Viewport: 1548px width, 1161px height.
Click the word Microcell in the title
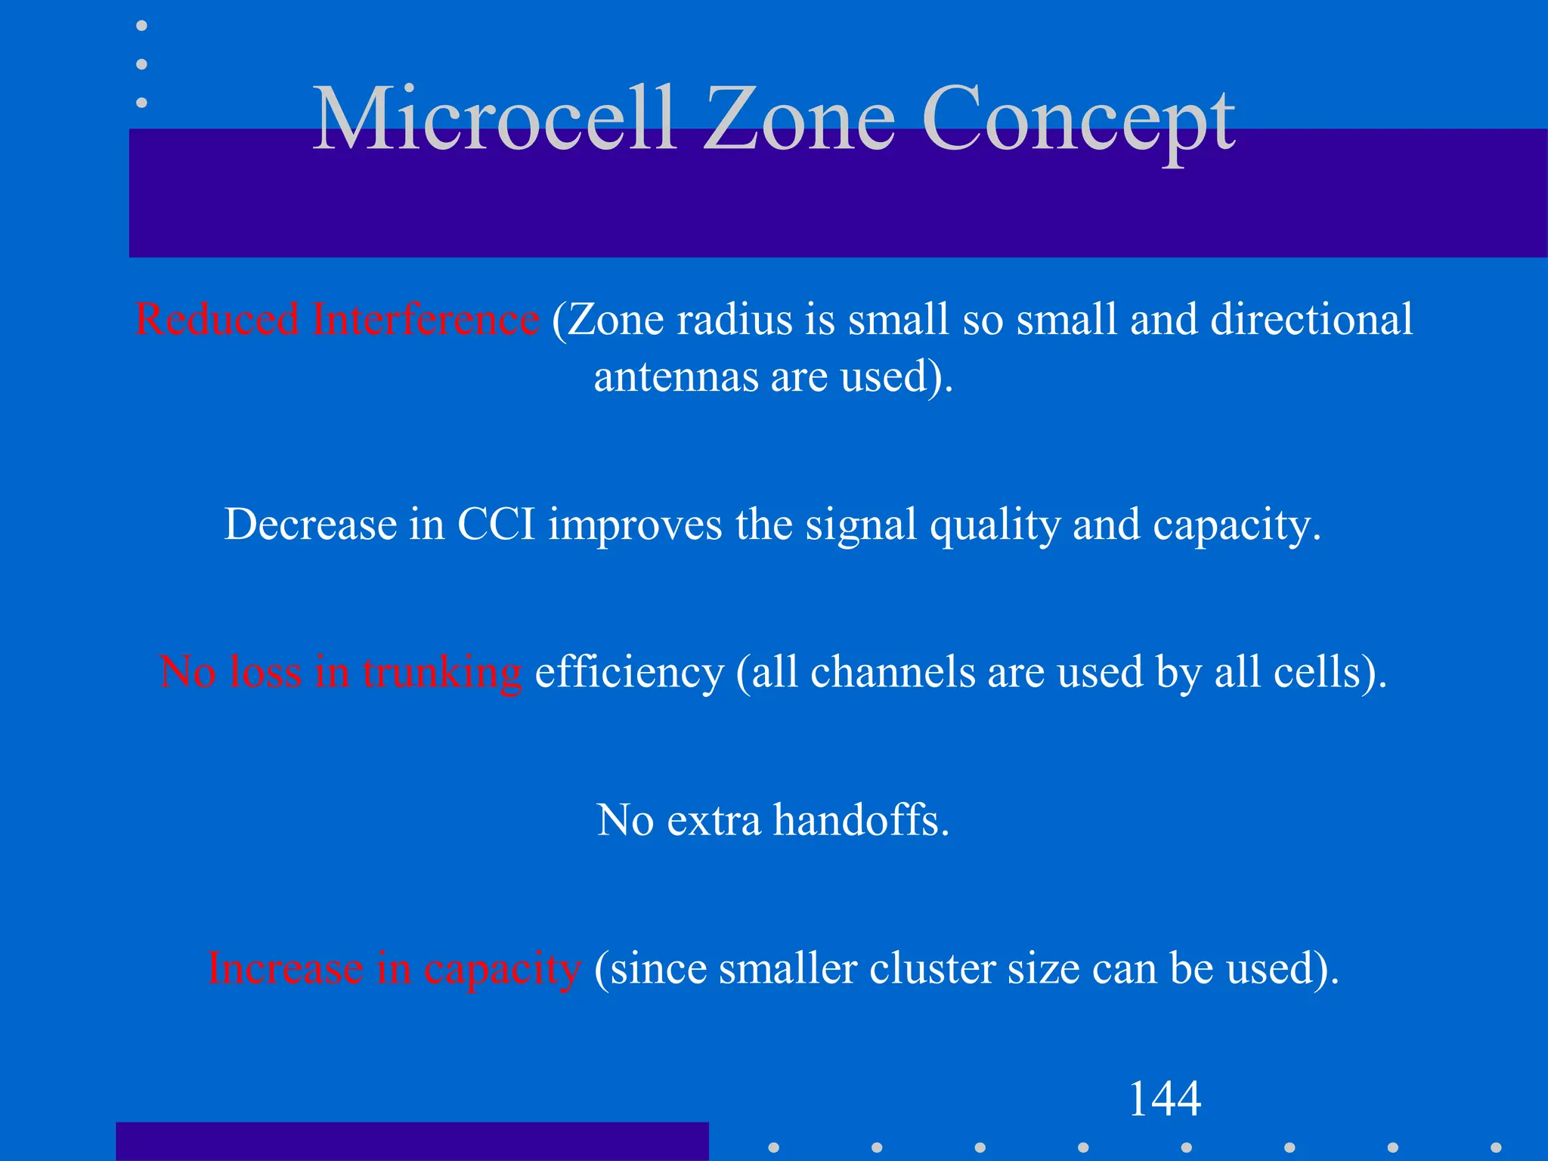493,119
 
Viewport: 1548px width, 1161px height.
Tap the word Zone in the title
800,119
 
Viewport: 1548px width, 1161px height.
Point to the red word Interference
426,319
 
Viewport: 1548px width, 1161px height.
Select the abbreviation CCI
496,524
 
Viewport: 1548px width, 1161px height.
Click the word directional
1311,319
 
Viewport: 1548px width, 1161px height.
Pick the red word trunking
441,673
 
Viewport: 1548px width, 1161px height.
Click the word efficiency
629,673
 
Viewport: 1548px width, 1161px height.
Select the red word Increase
285,968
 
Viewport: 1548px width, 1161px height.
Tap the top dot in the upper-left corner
141,26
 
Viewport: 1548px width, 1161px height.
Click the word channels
892,671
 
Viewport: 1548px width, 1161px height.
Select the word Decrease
310,524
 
